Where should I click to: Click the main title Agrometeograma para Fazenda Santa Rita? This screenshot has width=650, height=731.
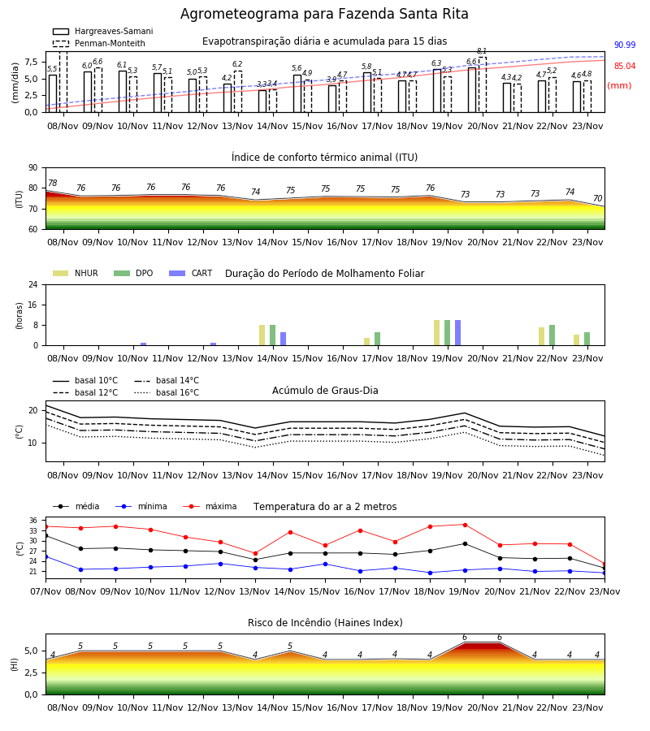point(324,14)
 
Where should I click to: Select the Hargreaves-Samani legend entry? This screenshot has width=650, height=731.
point(103,31)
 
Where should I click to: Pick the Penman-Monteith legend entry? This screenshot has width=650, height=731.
point(99,43)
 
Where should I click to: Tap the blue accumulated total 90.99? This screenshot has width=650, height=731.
point(625,45)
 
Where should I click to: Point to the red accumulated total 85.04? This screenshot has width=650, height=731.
point(625,67)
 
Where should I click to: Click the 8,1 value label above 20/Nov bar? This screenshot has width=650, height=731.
point(482,51)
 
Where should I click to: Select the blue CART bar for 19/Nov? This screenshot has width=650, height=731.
point(458,333)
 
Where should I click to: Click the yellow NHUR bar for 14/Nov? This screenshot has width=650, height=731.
point(262,335)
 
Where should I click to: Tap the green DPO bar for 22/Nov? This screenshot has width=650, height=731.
point(552,335)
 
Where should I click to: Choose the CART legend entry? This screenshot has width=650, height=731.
point(191,273)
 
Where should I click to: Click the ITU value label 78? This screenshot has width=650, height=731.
point(53,184)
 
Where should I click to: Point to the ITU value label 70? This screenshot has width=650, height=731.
point(598,199)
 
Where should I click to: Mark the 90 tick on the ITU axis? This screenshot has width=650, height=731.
point(33,168)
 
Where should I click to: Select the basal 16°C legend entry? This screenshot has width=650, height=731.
point(167,392)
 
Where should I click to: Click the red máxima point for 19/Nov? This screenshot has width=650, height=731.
point(465,525)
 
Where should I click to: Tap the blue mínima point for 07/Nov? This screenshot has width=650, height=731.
point(46,556)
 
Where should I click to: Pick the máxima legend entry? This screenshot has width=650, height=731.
point(210,506)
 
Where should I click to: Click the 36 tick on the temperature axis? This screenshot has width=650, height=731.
point(33,521)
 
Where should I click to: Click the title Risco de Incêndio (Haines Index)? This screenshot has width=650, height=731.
point(325,623)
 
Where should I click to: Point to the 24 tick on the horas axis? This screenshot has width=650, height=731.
point(33,284)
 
